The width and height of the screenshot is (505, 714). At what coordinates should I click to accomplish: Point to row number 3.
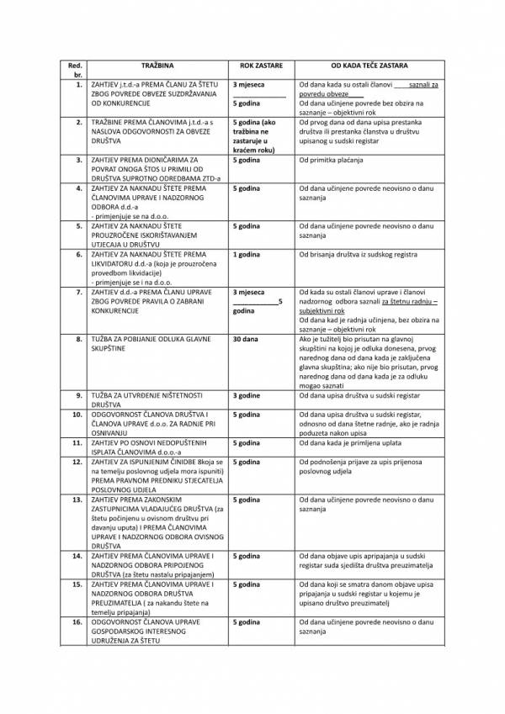[x=77, y=159]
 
